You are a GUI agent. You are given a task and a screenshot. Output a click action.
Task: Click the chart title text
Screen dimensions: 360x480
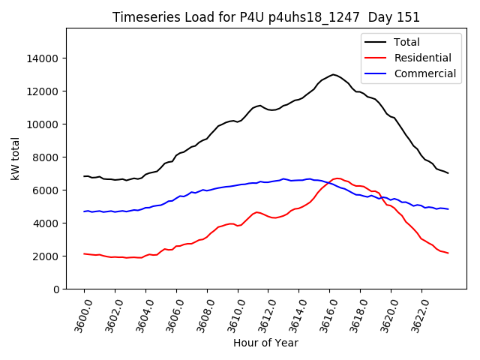266,17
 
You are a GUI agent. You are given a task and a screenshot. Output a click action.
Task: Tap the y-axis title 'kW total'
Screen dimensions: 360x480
16,158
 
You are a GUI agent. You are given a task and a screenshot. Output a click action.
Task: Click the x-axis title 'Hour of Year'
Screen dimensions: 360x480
265,343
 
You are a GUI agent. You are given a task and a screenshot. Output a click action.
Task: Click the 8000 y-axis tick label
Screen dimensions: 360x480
47,157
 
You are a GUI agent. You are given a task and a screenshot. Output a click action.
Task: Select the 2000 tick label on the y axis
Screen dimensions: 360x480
47,256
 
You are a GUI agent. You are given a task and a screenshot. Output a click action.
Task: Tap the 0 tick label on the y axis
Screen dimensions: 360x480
56,289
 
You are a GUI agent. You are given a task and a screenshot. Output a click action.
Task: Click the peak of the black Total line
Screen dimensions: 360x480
333,74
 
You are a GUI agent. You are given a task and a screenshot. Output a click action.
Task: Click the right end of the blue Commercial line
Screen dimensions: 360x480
448,209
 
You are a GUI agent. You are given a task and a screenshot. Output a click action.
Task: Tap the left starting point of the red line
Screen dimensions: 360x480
84,253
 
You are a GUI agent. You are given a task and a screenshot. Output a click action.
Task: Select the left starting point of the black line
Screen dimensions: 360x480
84,176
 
